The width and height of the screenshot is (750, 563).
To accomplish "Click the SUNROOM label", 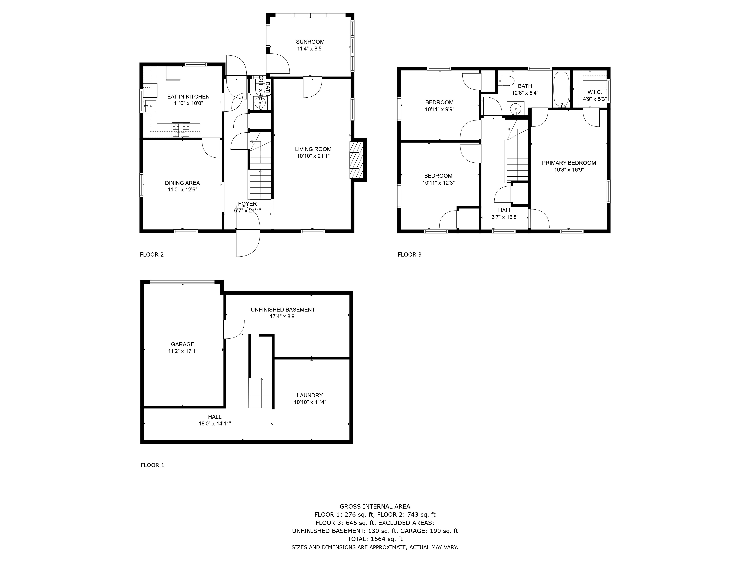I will coord(310,42).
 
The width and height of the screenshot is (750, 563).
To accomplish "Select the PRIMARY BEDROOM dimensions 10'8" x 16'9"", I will coord(569,170).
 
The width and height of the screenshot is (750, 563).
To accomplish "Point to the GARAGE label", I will coord(182,344).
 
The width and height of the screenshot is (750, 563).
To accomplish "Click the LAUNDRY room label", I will coord(310,395).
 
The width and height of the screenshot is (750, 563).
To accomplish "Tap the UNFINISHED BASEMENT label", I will coord(283,309).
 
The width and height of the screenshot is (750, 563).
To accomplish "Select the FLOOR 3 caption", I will coord(409,254).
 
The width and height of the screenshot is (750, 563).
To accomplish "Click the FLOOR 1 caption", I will coord(152,465).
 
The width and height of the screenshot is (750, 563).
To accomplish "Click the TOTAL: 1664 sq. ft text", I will coord(375,539).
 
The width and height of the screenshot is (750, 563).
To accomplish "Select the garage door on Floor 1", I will coord(182,282).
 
